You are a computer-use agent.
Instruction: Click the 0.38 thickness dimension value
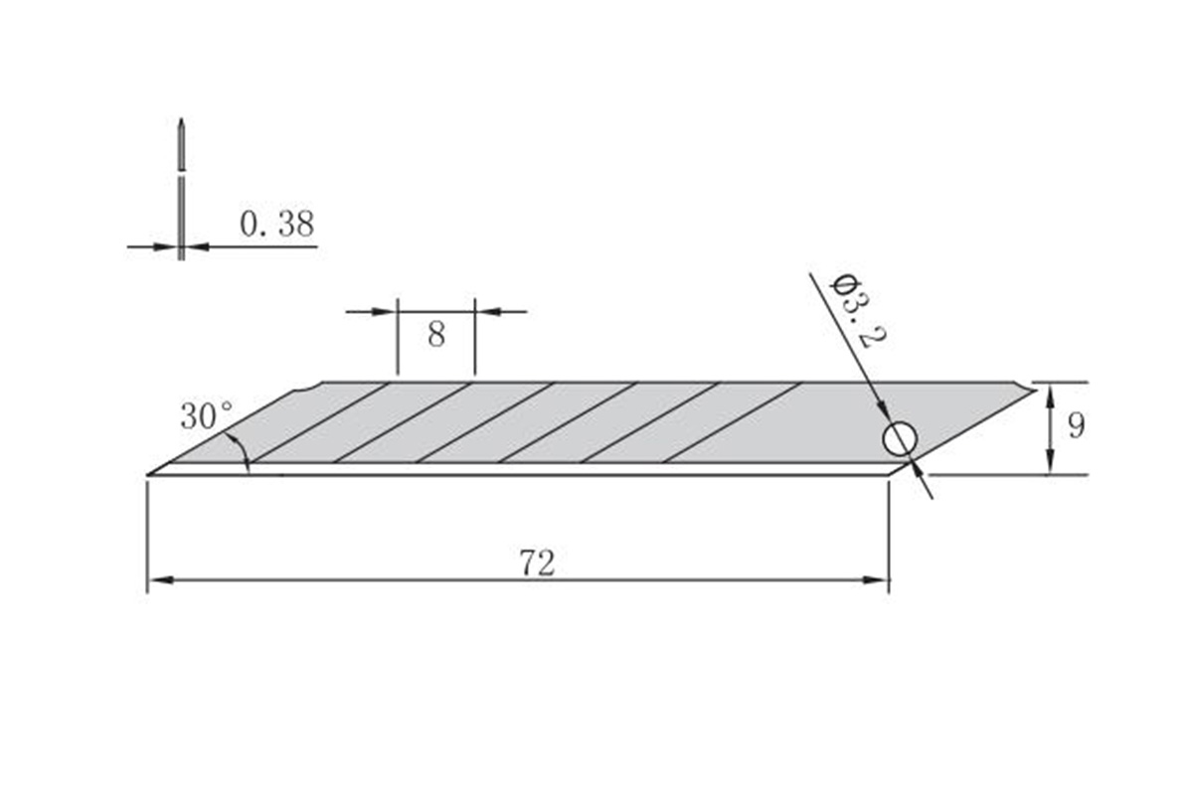(x=276, y=225)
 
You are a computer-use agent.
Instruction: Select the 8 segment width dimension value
(x=436, y=335)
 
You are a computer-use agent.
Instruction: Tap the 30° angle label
(x=206, y=415)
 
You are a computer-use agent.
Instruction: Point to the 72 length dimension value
(x=537, y=563)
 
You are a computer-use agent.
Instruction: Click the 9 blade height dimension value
(x=1076, y=426)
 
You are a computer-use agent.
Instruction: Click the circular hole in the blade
(x=899, y=438)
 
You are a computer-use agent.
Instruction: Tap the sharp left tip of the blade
(x=149, y=474)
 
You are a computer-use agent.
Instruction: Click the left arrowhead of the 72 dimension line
(x=157, y=580)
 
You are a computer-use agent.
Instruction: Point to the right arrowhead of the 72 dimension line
(x=879, y=580)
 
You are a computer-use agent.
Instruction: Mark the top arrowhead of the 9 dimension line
(x=1051, y=391)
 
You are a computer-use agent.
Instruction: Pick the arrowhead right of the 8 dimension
(x=484, y=312)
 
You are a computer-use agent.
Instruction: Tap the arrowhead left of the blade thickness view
(x=168, y=246)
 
